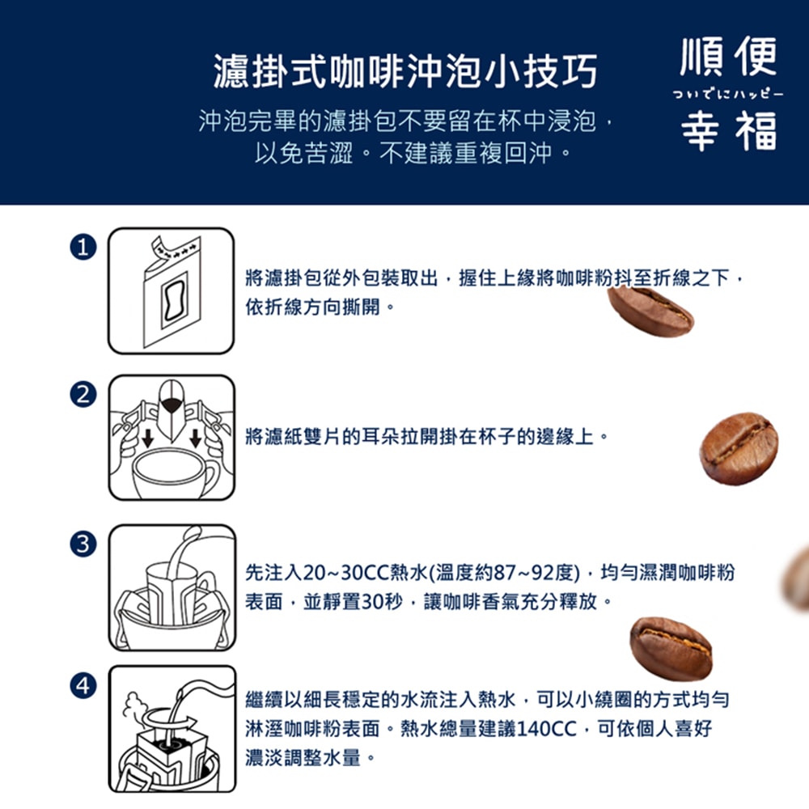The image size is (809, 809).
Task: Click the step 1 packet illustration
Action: [172, 291]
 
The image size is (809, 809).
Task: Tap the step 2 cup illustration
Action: [172, 438]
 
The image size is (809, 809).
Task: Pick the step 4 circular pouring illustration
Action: [172, 729]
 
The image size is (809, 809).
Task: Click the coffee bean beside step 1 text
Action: [650, 311]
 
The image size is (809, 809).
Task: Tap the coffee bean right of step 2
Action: [739, 448]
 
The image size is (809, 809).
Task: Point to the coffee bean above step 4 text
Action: [671, 647]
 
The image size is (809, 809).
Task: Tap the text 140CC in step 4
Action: [546, 729]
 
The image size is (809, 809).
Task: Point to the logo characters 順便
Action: [728, 57]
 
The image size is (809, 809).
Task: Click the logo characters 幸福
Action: [728, 129]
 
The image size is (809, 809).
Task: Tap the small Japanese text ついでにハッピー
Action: [728, 94]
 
